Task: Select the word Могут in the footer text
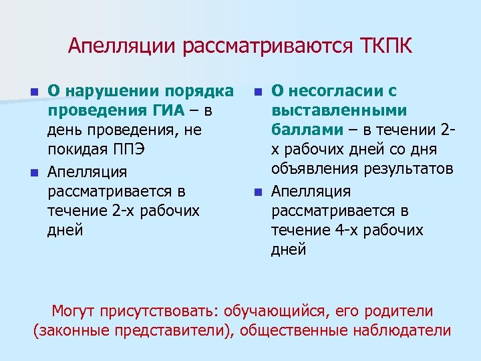tap(73, 312)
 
